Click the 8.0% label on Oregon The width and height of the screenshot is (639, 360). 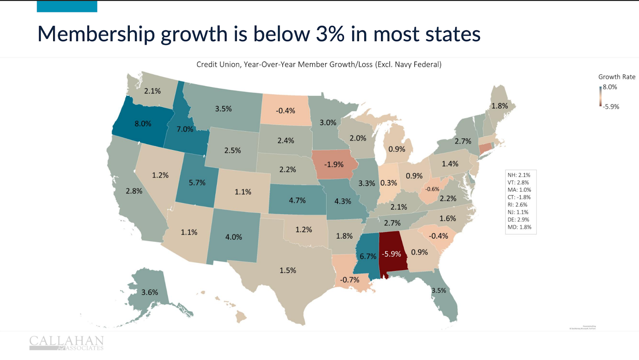click(143, 124)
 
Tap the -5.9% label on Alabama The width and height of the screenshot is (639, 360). click(391, 254)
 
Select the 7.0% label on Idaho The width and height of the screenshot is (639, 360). click(185, 129)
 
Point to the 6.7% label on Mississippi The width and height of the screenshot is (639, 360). click(368, 257)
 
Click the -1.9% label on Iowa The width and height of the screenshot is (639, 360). click(333, 165)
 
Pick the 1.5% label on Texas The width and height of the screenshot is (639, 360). click(288, 270)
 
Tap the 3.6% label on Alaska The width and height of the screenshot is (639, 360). click(150, 292)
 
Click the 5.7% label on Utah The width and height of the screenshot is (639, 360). click(197, 183)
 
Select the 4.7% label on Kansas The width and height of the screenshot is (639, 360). click(297, 201)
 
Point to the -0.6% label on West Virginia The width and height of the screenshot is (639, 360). click(432, 189)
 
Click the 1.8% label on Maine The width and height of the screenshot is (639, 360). click(500, 106)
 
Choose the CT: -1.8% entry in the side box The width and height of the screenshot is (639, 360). click(519, 197)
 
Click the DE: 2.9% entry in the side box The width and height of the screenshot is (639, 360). click(518, 220)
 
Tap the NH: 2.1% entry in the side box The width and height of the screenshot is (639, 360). click(519, 175)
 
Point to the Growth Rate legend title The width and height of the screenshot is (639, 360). click(617, 77)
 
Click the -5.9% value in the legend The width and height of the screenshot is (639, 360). click(611, 107)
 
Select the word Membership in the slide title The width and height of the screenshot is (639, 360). click(96, 34)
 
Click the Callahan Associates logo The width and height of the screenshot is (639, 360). click(66, 343)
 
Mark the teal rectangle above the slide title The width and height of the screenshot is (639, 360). click(67, 6)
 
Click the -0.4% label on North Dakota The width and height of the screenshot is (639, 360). click(286, 111)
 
